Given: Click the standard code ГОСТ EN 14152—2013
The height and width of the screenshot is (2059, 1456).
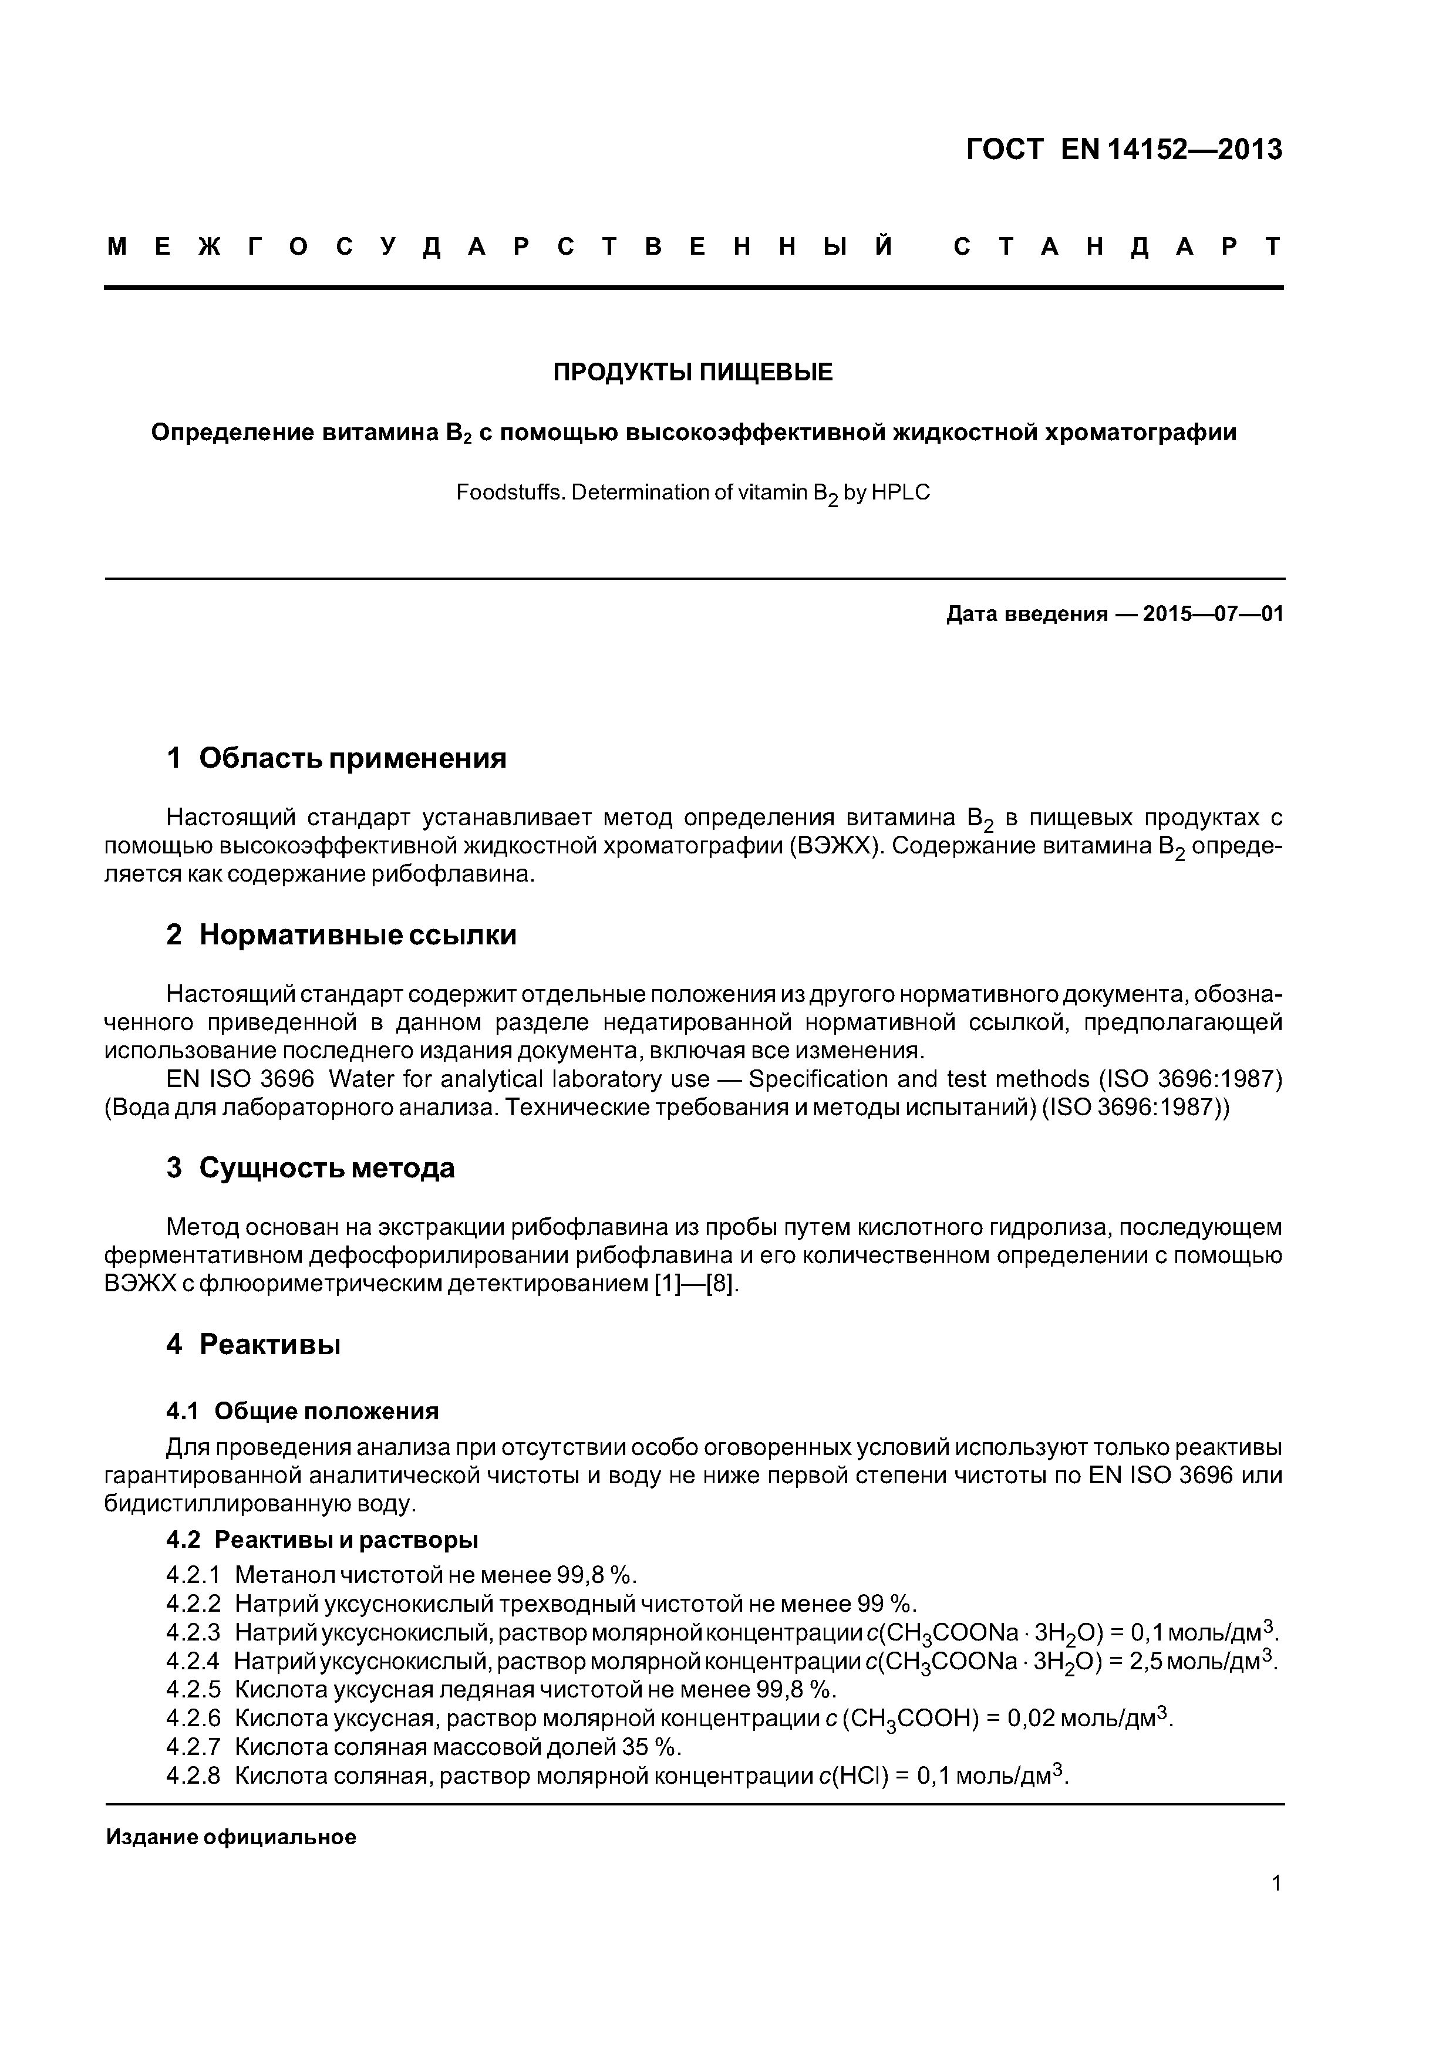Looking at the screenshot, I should (1124, 149).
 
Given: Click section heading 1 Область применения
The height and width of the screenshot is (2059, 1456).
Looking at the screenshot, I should (336, 759).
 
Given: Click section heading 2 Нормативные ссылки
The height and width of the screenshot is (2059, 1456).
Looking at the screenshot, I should (341, 936).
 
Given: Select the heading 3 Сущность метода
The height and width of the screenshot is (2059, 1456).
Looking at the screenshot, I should (311, 1167).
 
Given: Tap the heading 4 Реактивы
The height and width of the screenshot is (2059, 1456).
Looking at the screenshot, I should (253, 1344).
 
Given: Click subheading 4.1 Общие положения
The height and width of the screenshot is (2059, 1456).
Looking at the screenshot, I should (302, 1412).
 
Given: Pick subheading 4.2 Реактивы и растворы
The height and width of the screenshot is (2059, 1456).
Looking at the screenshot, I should (322, 1540).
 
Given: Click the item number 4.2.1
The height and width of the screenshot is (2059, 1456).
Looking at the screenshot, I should (193, 1575).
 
